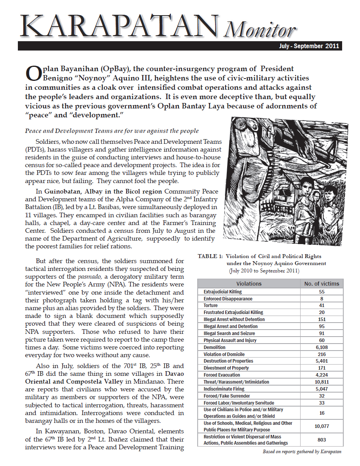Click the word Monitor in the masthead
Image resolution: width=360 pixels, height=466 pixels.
[x=259, y=30]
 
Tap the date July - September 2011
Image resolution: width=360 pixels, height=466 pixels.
[x=310, y=46]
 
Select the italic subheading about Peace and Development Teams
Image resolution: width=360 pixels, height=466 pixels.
[x=112, y=131]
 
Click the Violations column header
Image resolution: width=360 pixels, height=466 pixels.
[x=249, y=284]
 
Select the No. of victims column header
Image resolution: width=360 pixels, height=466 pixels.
[x=321, y=284]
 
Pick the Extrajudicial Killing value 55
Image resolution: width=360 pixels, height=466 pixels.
[x=321, y=292]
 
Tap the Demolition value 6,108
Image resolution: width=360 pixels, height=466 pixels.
[x=321, y=347]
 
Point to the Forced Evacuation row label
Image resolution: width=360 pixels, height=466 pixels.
[x=222, y=375]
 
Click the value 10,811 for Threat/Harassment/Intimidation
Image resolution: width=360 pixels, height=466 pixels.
[x=321, y=382]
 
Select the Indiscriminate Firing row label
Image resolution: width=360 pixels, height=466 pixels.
[x=224, y=389]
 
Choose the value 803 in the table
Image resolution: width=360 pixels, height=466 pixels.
[x=321, y=440]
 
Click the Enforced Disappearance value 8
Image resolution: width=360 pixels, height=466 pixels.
[x=321, y=299]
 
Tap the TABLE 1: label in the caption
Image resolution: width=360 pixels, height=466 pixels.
[x=210, y=257]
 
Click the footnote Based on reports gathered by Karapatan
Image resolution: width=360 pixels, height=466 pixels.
[x=302, y=452]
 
